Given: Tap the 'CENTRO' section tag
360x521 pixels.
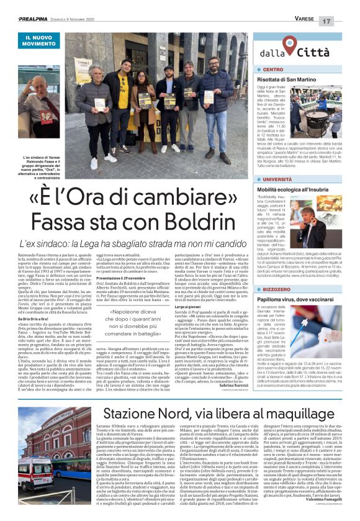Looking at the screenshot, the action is point(272,70).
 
